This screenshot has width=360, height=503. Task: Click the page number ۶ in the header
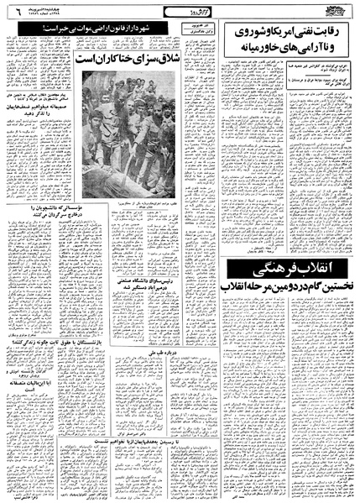[13, 12]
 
